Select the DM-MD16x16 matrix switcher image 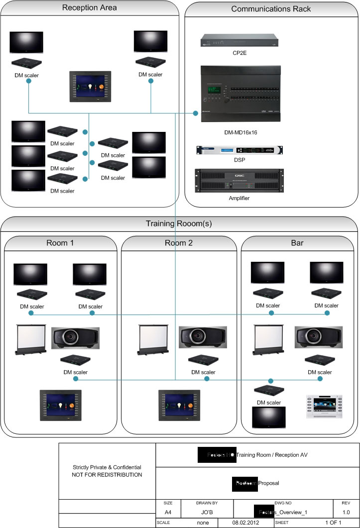point(240,94)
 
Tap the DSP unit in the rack point(240,150)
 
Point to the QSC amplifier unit point(240,181)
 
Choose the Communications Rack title point(271,9)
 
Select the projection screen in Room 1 point(30,339)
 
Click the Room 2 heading point(179,244)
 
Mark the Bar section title point(298,244)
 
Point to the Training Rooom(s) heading point(179,223)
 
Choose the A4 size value point(168,511)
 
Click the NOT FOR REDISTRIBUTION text point(107,475)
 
